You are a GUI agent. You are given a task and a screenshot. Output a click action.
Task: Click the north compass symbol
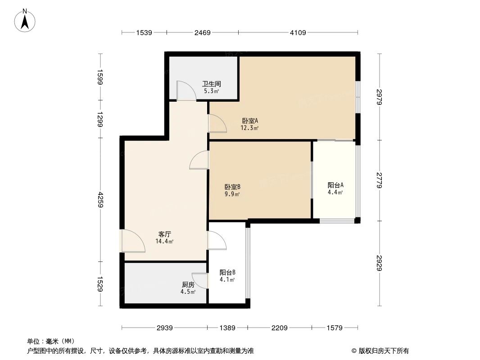(x=26, y=20)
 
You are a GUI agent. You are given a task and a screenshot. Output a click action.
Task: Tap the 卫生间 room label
(x=211, y=84)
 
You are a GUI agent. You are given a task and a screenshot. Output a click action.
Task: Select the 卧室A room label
(x=249, y=121)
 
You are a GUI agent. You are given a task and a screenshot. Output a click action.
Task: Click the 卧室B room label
(x=232, y=187)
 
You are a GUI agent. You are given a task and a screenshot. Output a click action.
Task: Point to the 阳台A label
(x=335, y=185)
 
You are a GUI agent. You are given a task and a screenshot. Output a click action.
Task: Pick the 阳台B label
(x=227, y=272)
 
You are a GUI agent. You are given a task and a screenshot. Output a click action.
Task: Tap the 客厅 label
(x=164, y=234)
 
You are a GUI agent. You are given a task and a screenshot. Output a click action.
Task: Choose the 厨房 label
(x=188, y=285)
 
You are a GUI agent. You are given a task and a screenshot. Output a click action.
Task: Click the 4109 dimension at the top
(x=298, y=32)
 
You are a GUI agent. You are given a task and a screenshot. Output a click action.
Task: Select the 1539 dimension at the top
(x=144, y=32)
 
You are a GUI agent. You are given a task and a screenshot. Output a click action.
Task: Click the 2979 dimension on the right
(x=380, y=96)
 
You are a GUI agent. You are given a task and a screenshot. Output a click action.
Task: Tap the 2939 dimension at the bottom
(x=165, y=328)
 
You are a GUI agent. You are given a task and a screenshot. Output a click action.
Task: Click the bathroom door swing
(x=186, y=91)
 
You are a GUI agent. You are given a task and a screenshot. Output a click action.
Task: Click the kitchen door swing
(x=200, y=281)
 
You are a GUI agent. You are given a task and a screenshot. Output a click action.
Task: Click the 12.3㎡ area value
(x=249, y=128)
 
